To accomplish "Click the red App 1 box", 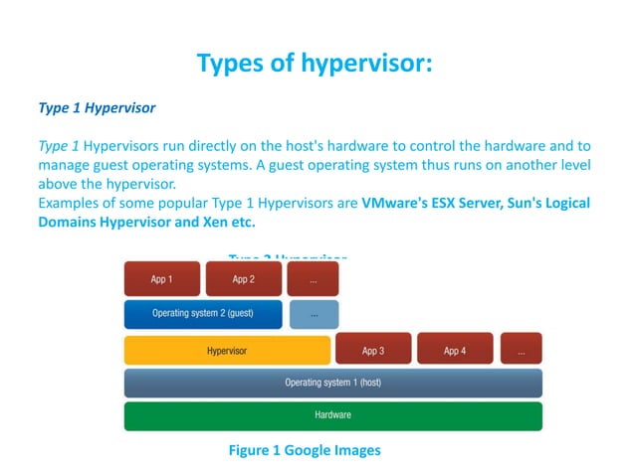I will click(x=161, y=279).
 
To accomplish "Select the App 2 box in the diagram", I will click(x=243, y=279).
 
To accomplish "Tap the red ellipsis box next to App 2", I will click(x=313, y=279).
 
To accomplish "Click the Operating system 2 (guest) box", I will click(x=203, y=314).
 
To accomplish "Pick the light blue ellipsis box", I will click(x=314, y=314).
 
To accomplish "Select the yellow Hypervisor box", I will click(x=227, y=350).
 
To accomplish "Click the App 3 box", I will click(x=372, y=350).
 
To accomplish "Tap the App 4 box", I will click(x=454, y=350).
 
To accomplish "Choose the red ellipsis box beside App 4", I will click(x=521, y=350).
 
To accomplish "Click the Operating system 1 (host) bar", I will click(x=332, y=383).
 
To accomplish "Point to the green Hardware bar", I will click(x=332, y=415).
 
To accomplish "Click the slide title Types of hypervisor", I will click(x=315, y=64).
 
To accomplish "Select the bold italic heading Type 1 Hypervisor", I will click(x=97, y=105).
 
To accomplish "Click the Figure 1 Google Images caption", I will click(x=305, y=450).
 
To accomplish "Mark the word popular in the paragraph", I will click(x=183, y=203).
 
